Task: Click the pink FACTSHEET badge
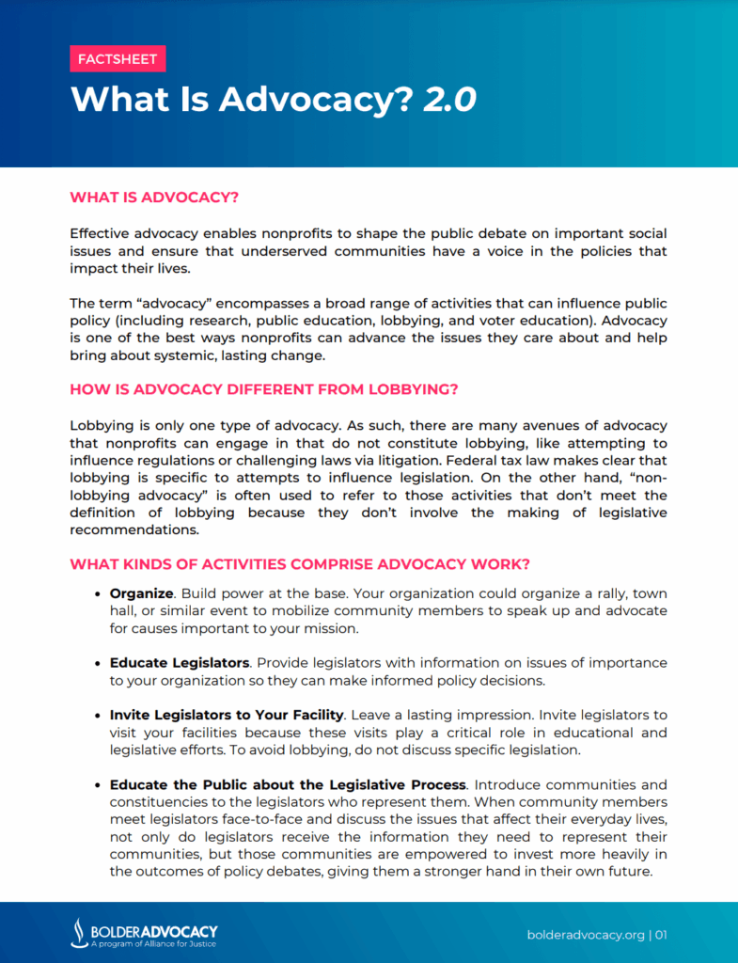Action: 118,59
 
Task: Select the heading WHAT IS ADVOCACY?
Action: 154,197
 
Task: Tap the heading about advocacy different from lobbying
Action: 264,388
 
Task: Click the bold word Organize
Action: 141,593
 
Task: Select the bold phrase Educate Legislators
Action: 179,663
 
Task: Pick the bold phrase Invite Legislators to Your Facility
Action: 226,716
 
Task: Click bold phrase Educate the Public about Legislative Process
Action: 288,784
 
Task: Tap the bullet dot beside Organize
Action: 99,594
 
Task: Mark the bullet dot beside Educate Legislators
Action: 99,664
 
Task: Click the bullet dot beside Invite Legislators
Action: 99,717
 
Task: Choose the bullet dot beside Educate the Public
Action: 99,785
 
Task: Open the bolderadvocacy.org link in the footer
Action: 585,935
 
